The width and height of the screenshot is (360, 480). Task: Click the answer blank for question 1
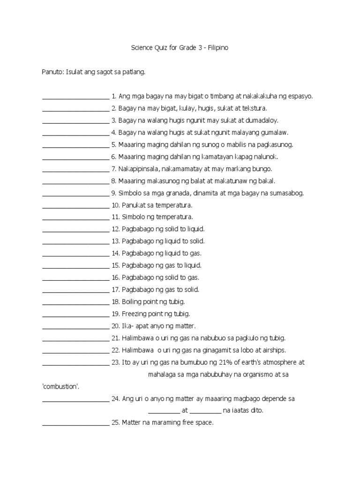(x=75, y=97)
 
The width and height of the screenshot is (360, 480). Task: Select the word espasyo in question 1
(x=299, y=97)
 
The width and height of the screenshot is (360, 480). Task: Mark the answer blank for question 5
(x=75, y=145)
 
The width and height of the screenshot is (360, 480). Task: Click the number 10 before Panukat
(x=116, y=205)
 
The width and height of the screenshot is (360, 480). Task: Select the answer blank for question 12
(x=75, y=230)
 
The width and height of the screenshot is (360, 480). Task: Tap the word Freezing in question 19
(x=135, y=314)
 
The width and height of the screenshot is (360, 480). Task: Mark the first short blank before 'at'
(x=164, y=411)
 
